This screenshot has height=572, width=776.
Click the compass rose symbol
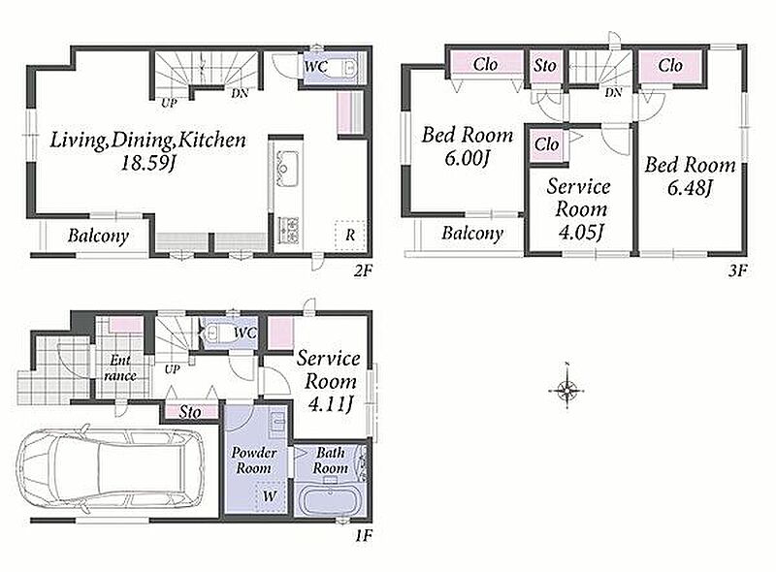click(x=567, y=391)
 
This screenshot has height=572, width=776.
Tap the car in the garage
click(x=110, y=467)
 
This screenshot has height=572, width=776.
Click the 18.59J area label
click(x=148, y=163)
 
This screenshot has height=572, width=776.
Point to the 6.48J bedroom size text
click(x=690, y=187)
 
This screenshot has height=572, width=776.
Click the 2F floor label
click(x=363, y=270)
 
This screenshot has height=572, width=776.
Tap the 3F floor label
click(x=737, y=270)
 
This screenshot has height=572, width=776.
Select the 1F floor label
click(x=363, y=535)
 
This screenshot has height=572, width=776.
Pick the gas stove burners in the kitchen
click(x=287, y=229)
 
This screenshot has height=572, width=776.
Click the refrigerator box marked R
click(x=350, y=235)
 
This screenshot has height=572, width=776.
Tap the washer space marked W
click(x=270, y=495)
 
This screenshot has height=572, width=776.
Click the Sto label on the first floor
click(x=190, y=412)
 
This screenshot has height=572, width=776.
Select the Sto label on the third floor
click(x=545, y=65)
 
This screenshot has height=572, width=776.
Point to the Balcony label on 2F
click(x=98, y=236)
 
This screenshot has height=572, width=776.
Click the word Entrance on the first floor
click(x=120, y=367)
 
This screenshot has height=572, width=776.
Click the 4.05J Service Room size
click(x=581, y=232)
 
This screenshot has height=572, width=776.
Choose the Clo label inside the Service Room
click(x=546, y=144)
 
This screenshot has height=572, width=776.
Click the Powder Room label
click(x=254, y=461)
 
